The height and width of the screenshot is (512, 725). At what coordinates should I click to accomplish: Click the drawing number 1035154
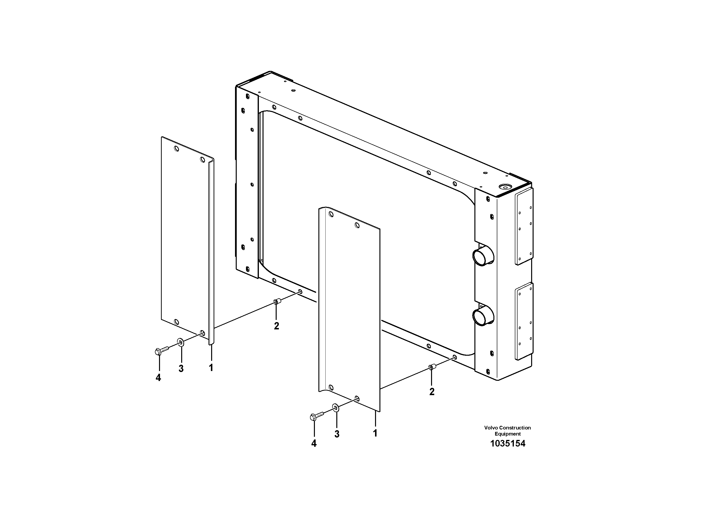click(x=508, y=444)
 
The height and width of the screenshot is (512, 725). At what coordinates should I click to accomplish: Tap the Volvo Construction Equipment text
click(x=508, y=431)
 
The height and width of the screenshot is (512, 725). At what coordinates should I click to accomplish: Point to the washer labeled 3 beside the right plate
click(x=336, y=408)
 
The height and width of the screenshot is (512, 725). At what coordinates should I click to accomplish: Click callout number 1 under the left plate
click(x=211, y=367)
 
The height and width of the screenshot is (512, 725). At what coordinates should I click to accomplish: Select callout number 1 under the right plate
click(x=375, y=433)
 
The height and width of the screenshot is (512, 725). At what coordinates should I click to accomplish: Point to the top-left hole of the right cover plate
click(x=331, y=215)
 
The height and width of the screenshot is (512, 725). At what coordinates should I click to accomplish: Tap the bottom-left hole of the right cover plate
click(x=331, y=387)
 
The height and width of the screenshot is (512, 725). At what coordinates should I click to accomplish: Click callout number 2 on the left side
click(x=277, y=326)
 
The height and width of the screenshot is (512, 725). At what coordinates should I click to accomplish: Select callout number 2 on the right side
click(x=432, y=392)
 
